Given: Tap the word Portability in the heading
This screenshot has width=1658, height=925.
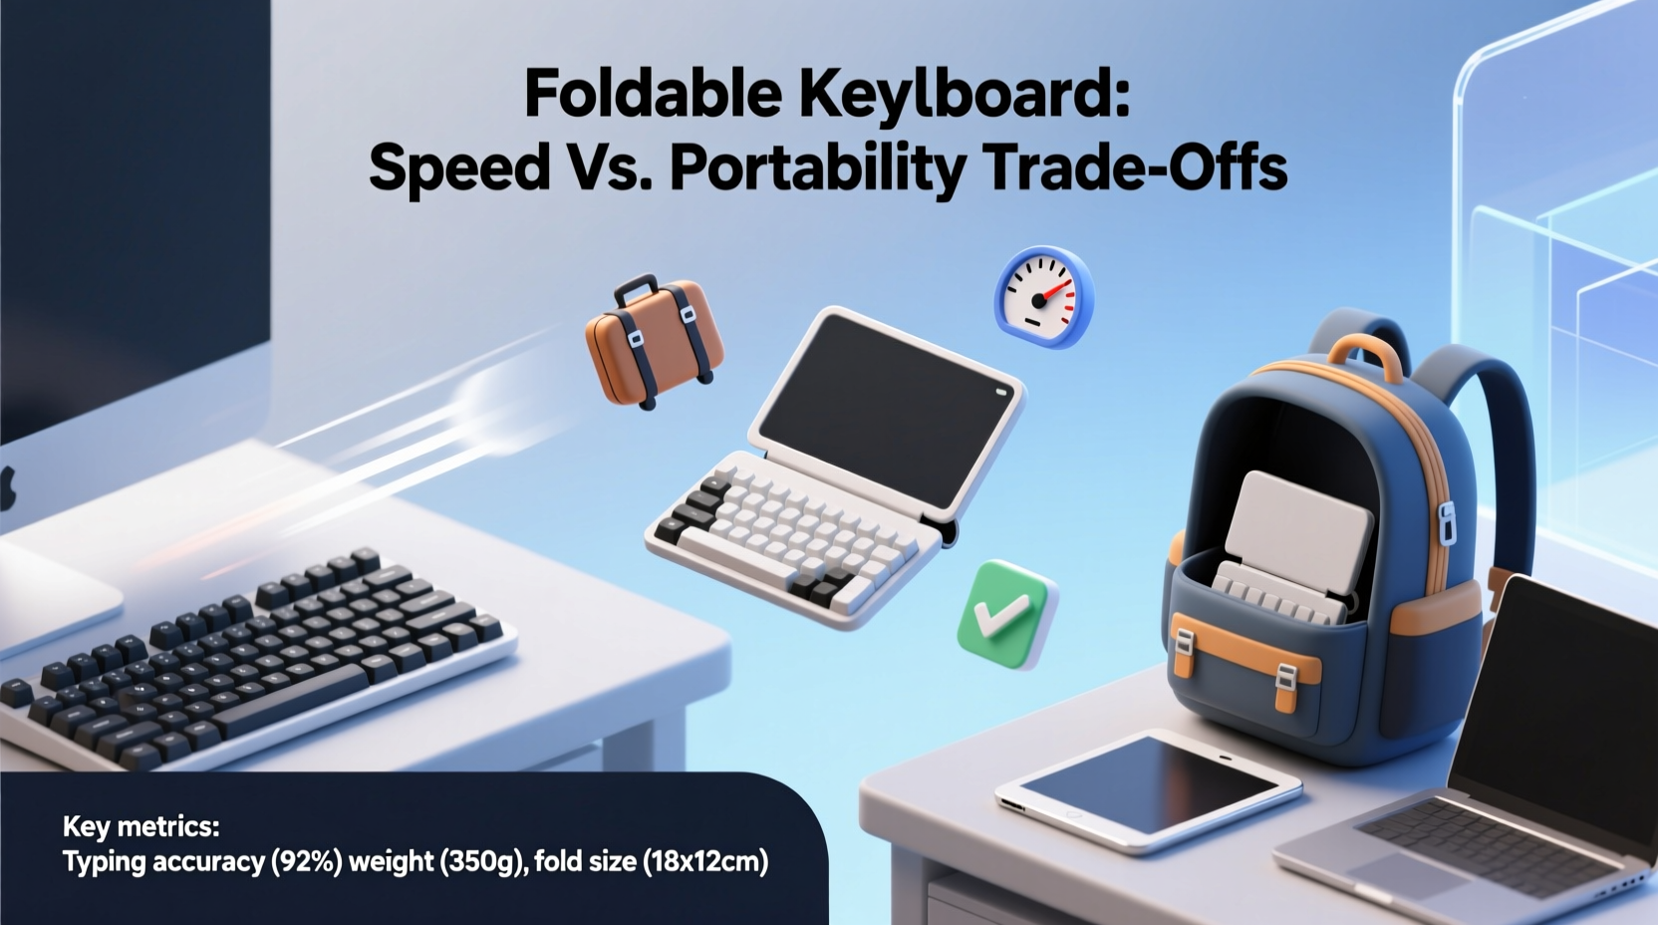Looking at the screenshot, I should click(817, 167).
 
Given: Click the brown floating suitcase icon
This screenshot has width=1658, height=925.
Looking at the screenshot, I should click(653, 344).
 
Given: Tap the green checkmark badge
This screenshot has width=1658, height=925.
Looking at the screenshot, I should click(1004, 613).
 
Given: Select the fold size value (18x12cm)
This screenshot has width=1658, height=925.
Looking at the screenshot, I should click(705, 861).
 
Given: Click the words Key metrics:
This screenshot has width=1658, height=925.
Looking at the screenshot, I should click(140, 826).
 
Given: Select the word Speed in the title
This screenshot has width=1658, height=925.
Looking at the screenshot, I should click(458, 167).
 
